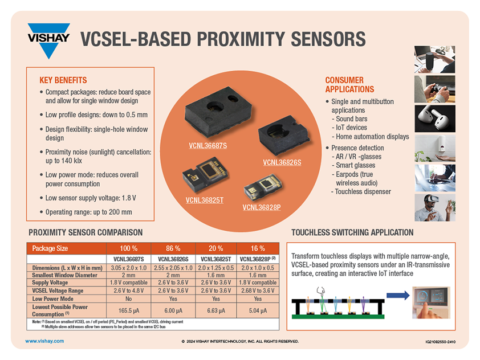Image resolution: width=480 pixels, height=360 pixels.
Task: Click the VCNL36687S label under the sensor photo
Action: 208,146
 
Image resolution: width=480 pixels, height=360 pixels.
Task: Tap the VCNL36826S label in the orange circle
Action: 282,162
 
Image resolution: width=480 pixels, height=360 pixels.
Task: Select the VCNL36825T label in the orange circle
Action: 204,200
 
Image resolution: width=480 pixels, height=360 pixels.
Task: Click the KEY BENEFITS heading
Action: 63,80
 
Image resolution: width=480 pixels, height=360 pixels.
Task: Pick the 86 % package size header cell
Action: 173,248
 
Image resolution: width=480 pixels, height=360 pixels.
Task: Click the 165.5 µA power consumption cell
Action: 129,310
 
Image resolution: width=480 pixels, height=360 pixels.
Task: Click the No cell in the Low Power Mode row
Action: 129,298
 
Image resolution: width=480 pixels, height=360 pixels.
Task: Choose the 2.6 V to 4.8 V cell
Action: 129,291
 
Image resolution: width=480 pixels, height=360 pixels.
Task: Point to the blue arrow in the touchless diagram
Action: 397,295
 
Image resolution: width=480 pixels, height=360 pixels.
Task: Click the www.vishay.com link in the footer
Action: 44,341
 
